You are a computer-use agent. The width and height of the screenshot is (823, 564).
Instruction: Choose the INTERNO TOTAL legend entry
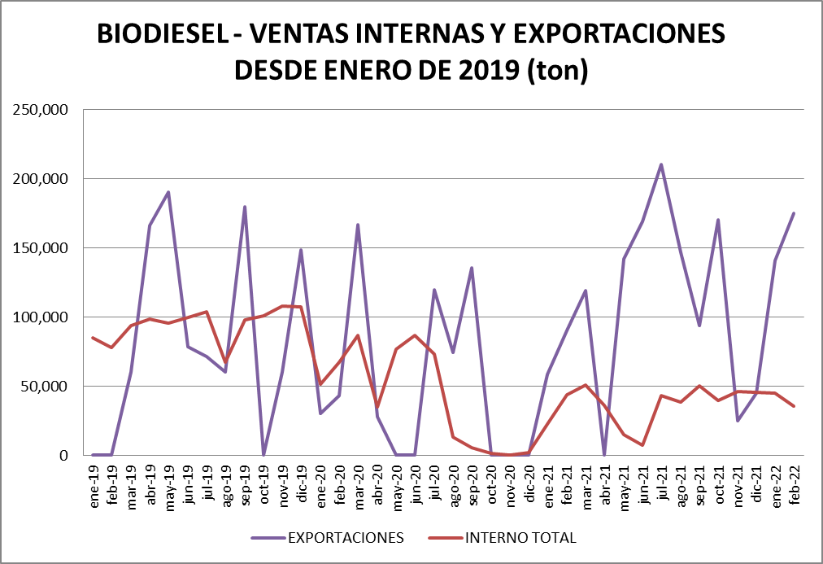tap(520, 537)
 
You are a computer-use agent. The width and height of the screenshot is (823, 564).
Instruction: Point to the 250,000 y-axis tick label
tap(41, 110)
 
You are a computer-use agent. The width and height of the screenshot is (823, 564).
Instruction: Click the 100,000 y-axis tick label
tap(41, 317)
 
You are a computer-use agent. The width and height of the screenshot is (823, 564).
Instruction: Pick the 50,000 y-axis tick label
tap(44, 387)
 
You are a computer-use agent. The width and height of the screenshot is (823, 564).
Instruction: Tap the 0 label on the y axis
tap(62, 456)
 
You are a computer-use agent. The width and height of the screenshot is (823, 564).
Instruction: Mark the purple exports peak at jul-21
tap(661, 164)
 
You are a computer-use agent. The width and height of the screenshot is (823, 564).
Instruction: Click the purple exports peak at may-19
tap(168, 192)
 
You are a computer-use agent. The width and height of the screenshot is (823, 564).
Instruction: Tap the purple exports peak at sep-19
tap(245, 207)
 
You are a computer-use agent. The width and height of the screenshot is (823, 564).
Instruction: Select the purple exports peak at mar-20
tap(358, 225)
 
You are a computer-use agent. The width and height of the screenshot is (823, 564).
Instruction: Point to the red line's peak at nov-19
tap(282, 306)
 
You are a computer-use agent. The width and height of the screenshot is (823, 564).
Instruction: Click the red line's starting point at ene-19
tap(94, 338)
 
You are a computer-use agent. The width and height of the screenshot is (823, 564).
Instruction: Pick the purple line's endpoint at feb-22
tap(794, 213)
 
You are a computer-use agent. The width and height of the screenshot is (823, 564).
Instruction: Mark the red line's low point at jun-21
tap(642, 445)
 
